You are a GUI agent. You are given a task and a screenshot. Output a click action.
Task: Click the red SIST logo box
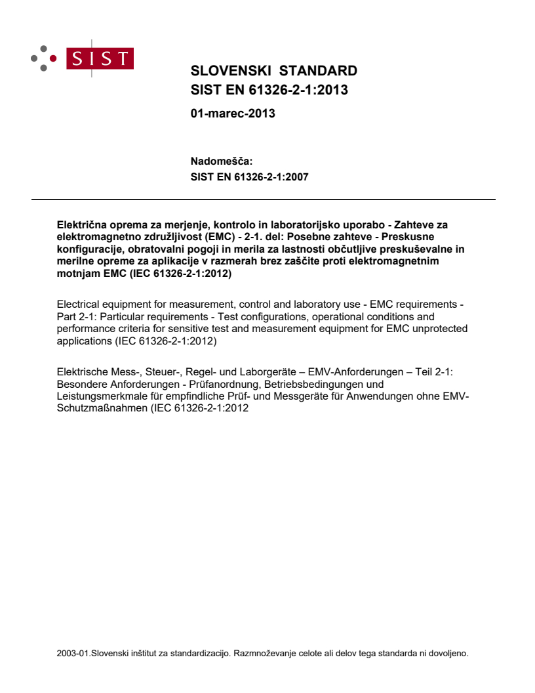point(102,58)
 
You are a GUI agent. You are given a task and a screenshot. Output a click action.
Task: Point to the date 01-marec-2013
point(232,114)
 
